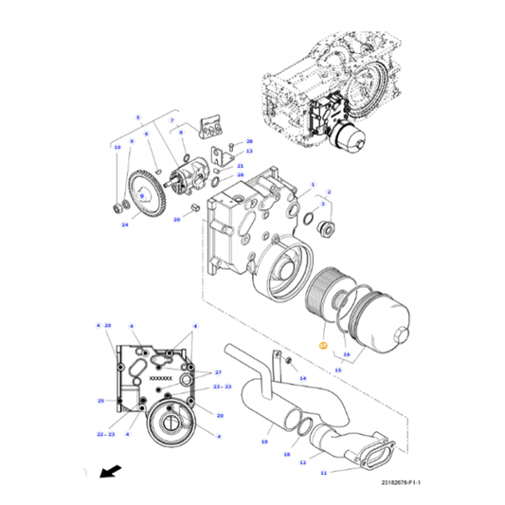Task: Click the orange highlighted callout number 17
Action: click(322, 346)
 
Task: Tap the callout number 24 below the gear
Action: click(124, 225)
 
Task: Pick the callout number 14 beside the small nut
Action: click(303, 377)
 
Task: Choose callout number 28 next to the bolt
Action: click(249, 141)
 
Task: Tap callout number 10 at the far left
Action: click(117, 148)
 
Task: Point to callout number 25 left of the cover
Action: click(99, 401)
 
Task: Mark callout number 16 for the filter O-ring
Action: click(347, 354)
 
